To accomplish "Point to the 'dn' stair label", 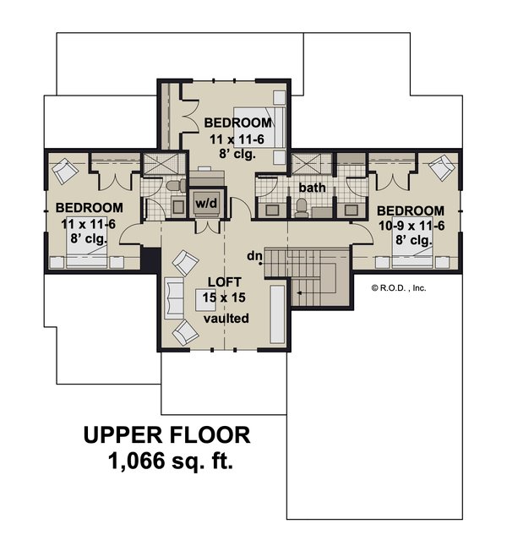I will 253,255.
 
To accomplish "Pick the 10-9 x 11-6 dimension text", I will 410,226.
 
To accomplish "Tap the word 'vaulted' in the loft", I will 225,319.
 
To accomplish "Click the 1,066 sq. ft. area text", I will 170,461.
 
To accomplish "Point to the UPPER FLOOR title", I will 166,435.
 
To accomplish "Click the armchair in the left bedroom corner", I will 65,172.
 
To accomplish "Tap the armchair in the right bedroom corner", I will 439,170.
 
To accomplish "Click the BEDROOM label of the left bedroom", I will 89,208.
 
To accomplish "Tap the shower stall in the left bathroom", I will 155,165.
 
